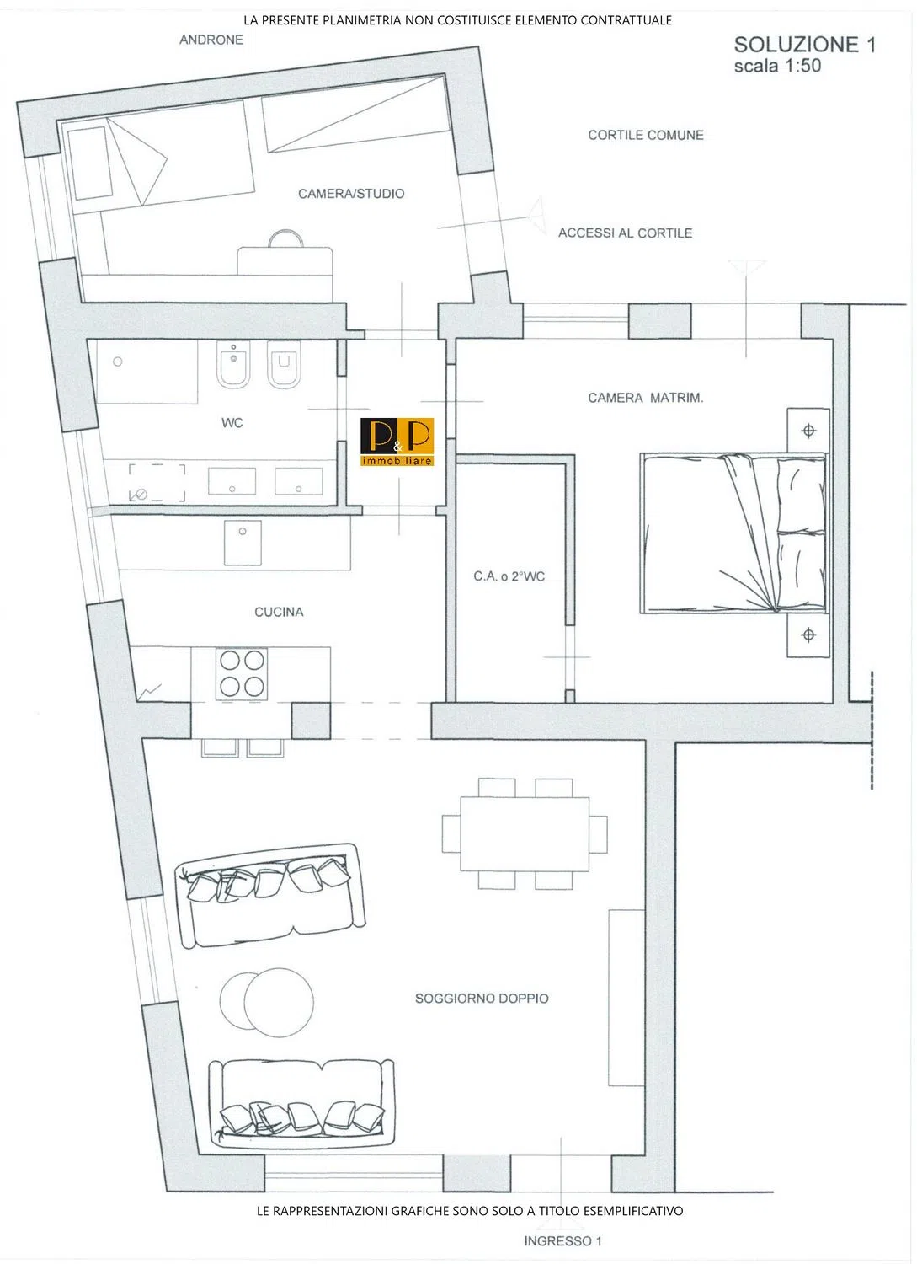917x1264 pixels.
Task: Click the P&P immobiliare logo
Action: (x=397, y=442)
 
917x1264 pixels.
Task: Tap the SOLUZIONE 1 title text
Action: (x=805, y=45)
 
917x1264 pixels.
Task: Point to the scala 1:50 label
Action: (x=777, y=66)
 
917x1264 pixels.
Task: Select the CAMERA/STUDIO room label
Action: (x=351, y=194)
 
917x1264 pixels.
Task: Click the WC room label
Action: (x=232, y=423)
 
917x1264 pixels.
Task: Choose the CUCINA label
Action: (x=279, y=612)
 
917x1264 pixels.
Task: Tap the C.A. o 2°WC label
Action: (x=509, y=576)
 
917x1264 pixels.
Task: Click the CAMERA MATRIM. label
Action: (x=645, y=398)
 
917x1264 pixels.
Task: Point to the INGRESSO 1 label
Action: (x=562, y=1241)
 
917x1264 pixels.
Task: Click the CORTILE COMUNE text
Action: (x=646, y=136)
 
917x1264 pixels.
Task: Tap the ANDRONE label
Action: (x=211, y=40)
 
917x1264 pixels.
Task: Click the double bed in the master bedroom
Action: (x=733, y=533)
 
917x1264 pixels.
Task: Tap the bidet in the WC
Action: (x=233, y=364)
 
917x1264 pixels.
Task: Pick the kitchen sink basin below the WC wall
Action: (x=243, y=543)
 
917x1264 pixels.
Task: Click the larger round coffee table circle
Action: (x=279, y=1003)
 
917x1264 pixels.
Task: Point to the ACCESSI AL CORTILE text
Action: (x=625, y=233)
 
